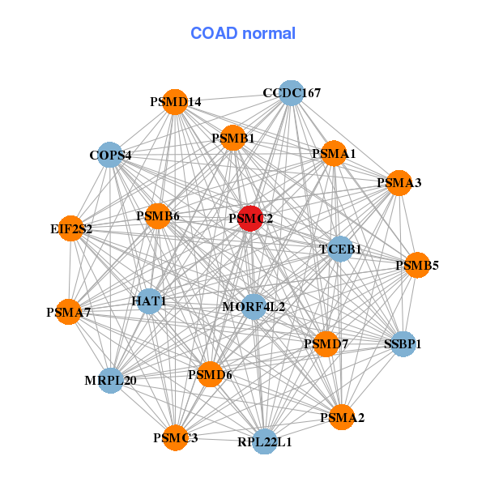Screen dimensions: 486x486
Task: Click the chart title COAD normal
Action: [243, 34]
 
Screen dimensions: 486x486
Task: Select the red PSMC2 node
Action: [251, 219]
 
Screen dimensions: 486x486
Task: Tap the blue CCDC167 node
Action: [290, 93]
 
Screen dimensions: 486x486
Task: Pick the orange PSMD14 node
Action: [175, 102]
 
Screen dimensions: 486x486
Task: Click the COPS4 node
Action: [110, 155]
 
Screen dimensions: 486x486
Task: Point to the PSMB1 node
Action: [233, 139]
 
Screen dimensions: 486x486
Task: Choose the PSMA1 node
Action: [334, 154]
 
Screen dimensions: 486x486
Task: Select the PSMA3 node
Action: [399, 183]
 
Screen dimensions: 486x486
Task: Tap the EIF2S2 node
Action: [71, 229]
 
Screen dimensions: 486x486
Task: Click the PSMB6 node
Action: [157, 216]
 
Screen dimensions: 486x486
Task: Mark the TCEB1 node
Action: [340, 249]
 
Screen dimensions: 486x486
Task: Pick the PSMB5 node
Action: [416, 265]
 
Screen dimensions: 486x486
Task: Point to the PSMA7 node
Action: [69, 312]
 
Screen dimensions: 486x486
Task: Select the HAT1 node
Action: [149, 301]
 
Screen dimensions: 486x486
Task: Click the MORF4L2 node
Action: [254, 307]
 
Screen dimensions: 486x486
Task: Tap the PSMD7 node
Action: [326, 344]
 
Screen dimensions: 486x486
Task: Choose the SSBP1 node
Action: [403, 344]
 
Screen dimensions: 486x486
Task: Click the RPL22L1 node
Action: [265, 442]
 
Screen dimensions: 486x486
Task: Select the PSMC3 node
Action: [175, 438]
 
